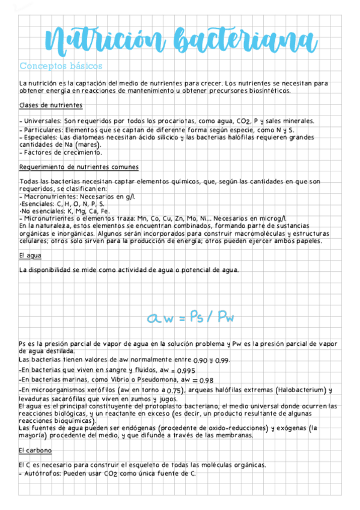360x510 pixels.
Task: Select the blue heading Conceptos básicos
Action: tap(61, 66)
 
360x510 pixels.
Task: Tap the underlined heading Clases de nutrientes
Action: tap(50, 105)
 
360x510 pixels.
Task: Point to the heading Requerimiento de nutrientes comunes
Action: tap(79, 167)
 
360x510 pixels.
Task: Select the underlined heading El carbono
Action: tap(35, 450)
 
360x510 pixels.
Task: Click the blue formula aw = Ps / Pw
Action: tap(191, 316)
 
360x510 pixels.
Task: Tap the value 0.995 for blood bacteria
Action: tap(186, 370)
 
